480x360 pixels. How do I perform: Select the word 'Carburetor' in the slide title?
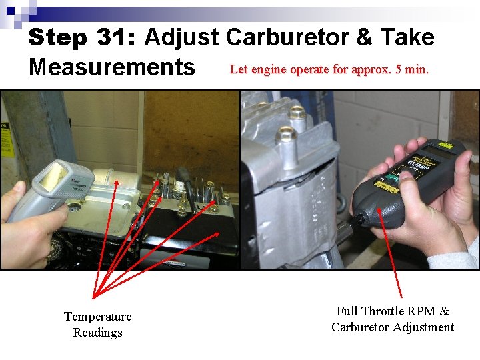coord(289,37)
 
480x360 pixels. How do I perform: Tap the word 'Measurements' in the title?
coord(111,67)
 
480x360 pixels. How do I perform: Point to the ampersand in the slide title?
coord(364,37)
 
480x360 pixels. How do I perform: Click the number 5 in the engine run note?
coord(398,69)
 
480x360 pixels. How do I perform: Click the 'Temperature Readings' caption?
coord(97,324)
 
